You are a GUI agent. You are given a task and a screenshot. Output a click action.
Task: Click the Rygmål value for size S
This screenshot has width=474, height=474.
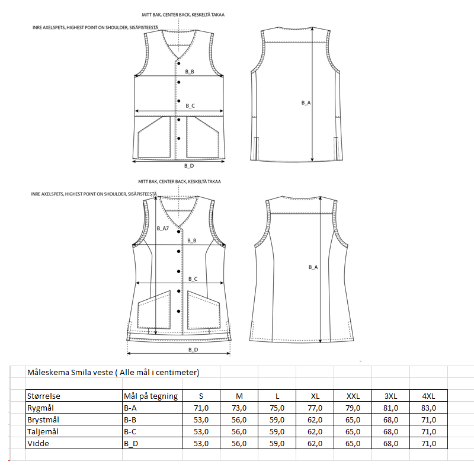201,408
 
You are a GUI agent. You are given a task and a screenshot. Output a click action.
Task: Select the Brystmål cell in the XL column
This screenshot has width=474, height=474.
315,419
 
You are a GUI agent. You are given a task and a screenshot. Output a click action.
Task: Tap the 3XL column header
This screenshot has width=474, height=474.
391,396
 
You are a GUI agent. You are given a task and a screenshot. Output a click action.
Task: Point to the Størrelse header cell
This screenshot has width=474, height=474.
44,396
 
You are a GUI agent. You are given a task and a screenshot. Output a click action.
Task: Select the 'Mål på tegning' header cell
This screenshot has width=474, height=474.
150,396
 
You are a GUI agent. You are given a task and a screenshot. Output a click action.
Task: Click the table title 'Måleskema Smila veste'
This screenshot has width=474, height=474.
113,372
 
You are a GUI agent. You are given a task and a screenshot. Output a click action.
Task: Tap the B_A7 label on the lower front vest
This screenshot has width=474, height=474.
163,228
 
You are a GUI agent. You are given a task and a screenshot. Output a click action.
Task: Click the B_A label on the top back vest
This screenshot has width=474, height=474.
306,103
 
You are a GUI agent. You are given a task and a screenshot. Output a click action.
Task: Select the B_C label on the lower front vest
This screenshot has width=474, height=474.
193,278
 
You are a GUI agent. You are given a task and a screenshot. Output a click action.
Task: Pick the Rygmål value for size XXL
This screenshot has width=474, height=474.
353,408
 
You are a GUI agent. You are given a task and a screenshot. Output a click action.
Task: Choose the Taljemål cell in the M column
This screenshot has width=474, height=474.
239,431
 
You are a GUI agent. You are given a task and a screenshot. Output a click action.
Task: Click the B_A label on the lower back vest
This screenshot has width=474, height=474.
313,267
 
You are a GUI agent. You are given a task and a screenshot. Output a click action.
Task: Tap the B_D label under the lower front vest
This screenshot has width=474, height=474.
193,350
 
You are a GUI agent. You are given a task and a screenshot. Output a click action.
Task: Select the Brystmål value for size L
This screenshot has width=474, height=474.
277,419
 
